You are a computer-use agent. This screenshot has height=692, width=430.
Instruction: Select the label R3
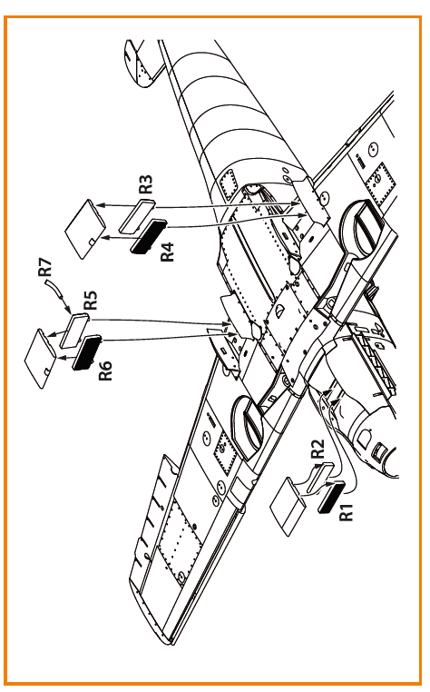pyautogui.click(x=145, y=183)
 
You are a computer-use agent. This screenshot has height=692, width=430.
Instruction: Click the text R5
pyautogui.click(x=91, y=300)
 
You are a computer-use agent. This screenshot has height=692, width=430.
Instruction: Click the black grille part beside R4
pyautogui.click(x=149, y=236)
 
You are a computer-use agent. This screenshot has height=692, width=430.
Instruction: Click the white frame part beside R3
pyautogui.click(x=137, y=216)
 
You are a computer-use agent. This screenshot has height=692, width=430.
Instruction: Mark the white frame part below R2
pyautogui.click(x=318, y=478)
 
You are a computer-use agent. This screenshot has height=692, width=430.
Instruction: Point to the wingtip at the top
pyautogui.click(x=140, y=63)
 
